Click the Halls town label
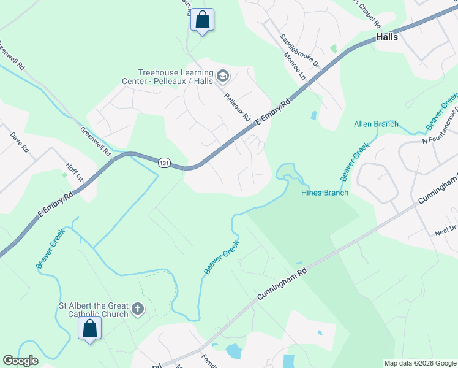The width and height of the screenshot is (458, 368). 386,37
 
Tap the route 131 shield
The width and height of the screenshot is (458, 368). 163,163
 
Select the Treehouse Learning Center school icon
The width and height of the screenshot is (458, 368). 223,76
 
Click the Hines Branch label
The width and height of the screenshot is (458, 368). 325,193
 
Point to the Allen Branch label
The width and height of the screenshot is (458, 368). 376,124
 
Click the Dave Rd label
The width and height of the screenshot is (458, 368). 20,142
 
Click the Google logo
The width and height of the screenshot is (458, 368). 20,361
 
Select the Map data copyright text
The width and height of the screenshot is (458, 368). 420,363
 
